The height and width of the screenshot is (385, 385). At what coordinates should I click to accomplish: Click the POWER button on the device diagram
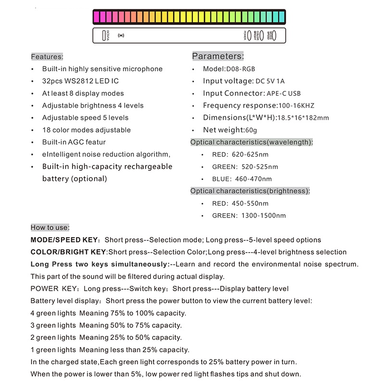(x=250, y=36)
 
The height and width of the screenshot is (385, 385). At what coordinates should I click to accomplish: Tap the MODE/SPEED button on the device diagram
(x=274, y=36)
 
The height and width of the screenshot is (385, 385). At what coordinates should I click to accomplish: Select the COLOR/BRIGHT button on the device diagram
(x=262, y=36)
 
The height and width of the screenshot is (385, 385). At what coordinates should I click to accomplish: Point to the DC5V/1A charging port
(x=103, y=36)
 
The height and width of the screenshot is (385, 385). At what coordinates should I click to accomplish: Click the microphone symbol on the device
(x=121, y=36)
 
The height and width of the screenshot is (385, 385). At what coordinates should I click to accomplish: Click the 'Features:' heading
(x=47, y=56)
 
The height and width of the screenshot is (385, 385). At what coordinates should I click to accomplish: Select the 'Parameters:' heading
(x=218, y=56)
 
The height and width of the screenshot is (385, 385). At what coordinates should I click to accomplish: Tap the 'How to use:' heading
(x=50, y=227)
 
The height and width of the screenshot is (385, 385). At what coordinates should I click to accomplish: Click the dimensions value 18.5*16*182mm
(x=301, y=118)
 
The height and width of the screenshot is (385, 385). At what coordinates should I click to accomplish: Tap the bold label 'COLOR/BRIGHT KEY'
(x=68, y=252)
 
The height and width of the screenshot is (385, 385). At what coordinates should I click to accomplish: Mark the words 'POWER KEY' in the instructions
(x=53, y=289)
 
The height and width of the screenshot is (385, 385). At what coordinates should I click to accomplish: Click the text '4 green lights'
(x=53, y=313)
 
